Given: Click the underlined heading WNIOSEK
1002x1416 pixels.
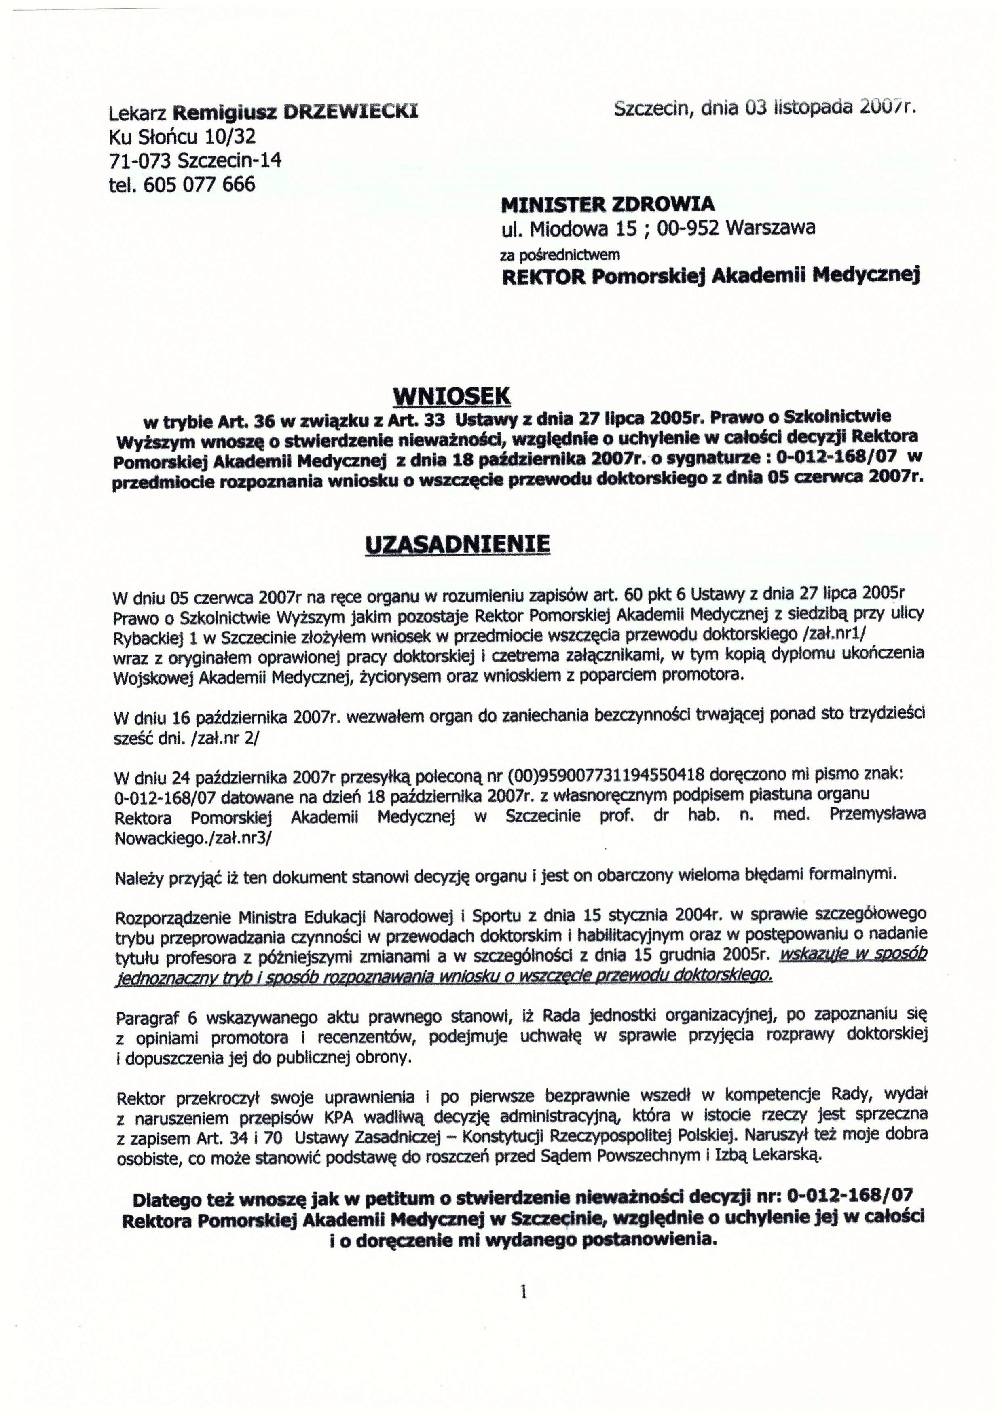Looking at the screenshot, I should point(452,395).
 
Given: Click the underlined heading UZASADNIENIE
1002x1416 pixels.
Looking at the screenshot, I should point(457,544).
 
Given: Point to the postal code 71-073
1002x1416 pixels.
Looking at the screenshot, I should point(141,161).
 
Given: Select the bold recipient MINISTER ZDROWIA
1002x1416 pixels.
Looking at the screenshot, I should point(608,204).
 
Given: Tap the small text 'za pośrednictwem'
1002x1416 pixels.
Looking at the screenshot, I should point(560,254).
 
